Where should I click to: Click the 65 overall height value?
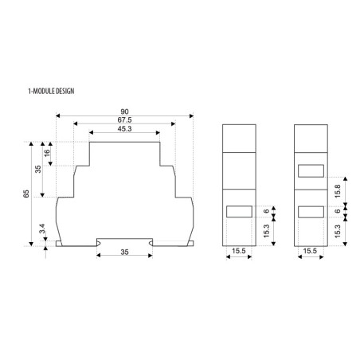point(27,194)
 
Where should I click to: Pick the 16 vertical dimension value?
point(47,153)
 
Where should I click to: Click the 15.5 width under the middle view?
point(238,252)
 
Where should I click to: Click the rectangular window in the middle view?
point(238,212)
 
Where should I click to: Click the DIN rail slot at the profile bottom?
point(125,241)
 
